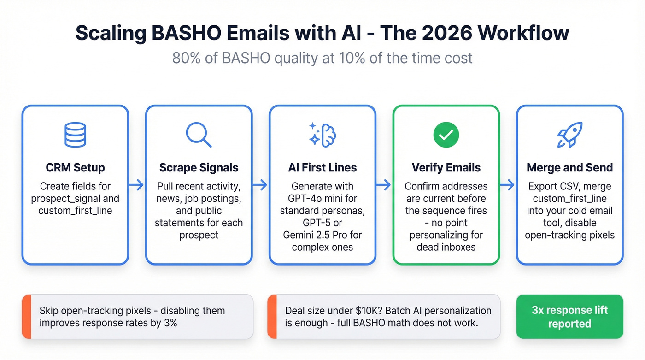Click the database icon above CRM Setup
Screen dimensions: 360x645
pos(75,135)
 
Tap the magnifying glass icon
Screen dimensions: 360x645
pos(199,135)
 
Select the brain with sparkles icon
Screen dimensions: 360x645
pos(322,135)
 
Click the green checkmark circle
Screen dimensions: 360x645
pos(446,135)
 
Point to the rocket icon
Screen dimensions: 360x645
pos(569,135)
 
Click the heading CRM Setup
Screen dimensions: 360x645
pos(75,167)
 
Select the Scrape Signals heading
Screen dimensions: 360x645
pos(199,167)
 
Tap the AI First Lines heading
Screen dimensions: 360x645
pos(322,167)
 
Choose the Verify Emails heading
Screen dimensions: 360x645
pos(446,167)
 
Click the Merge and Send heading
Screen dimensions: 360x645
pos(569,167)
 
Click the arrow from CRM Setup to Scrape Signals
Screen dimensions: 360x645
pos(137,185)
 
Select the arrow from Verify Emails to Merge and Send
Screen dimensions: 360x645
pos(508,185)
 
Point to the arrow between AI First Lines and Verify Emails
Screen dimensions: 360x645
pos(384,185)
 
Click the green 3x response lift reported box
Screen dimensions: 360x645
pos(569,317)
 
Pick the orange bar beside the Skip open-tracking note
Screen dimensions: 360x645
pos(26,317)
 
